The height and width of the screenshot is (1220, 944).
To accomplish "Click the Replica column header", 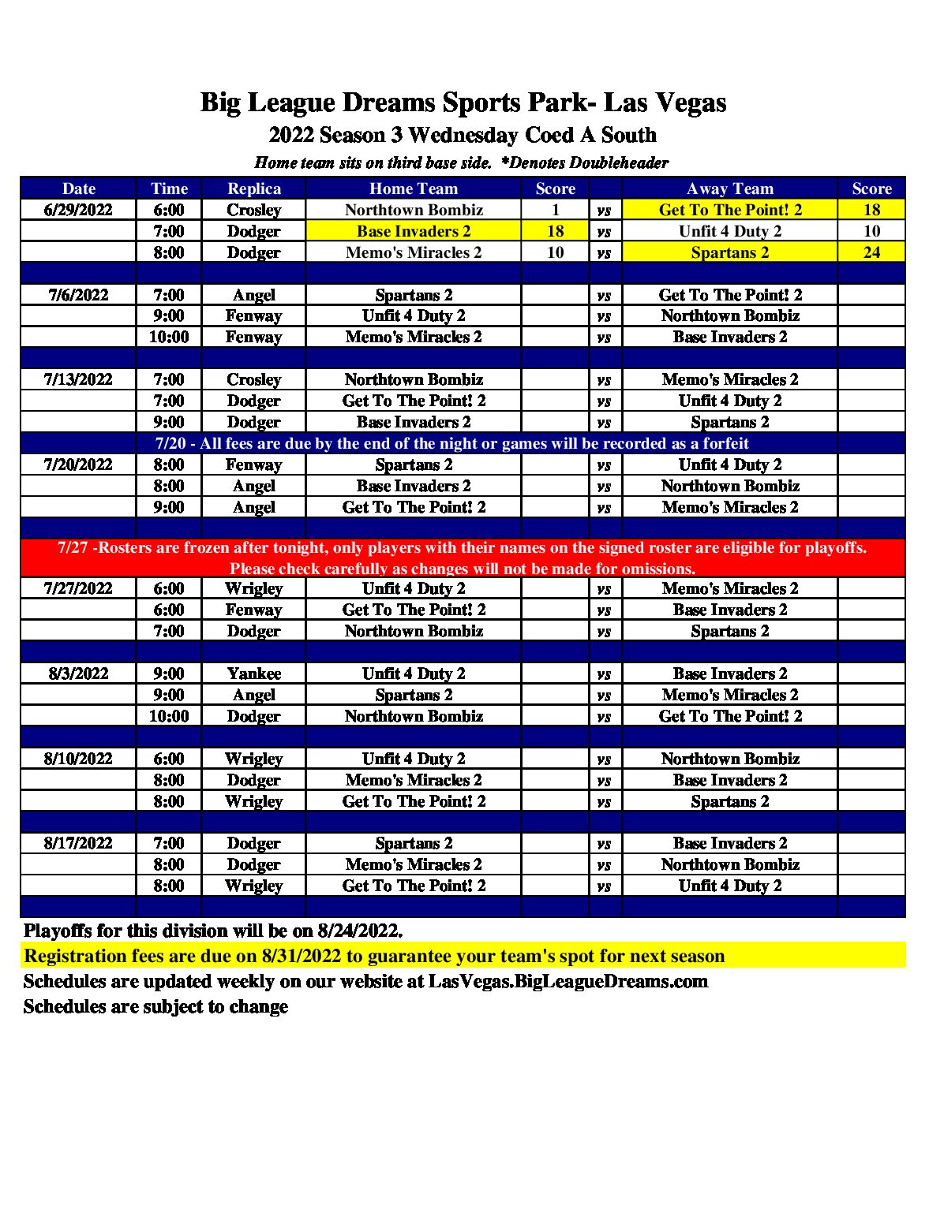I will tap(253, 188).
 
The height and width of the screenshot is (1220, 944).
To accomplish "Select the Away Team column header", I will tap(729, 188).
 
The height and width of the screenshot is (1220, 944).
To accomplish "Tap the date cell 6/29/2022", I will tap(78, 210).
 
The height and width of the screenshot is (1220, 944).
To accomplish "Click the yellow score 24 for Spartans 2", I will tap(871, 252).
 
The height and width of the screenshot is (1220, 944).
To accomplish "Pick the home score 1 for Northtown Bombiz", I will tap(555, 210).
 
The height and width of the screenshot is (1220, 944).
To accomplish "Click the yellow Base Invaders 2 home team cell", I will tap(413, 231).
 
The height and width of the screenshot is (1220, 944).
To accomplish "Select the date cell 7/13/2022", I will tap(78, 379).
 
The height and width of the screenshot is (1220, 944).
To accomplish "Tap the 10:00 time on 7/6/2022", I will tap(169, 337).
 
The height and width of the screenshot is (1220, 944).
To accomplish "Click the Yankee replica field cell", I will tap(253, 673).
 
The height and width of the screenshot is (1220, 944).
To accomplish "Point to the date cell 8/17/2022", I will tap(78, 843).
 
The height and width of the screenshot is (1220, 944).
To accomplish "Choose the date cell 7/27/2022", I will tap(78, 588).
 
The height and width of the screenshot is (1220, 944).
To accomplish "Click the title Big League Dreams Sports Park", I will tap(463, 103).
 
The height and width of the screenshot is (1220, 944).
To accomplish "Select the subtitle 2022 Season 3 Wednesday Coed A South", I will tap(463, 135).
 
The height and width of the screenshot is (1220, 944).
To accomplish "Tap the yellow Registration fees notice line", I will tap(374, 956).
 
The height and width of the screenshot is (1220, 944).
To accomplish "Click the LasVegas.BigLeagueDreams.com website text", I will tap(568, 981).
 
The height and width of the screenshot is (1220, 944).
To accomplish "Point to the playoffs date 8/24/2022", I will tap(359, 931).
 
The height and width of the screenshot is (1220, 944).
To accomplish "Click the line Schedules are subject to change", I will tap(155, 1006).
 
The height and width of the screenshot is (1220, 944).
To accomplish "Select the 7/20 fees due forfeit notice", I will tap(451, 443).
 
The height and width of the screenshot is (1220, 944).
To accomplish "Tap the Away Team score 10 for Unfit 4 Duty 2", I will tap(871, 231).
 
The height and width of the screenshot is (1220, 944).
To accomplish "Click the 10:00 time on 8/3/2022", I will tap(169, 716).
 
